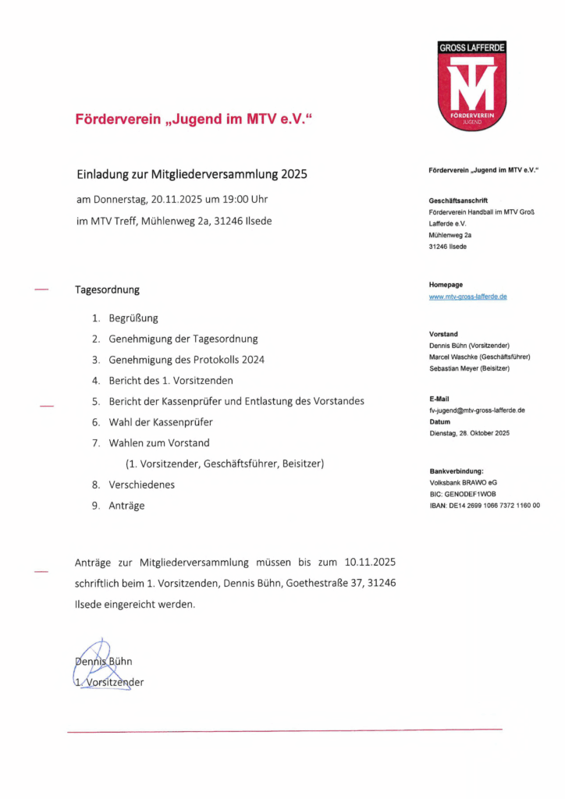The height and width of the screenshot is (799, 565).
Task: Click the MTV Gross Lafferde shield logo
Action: click(x=472, y=86)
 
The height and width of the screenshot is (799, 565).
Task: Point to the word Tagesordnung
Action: click(x=107, y=289)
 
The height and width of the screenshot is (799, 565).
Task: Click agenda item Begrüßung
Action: click(x=133, y=318)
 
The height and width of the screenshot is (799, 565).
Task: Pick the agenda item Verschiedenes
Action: click(x=142, y=485)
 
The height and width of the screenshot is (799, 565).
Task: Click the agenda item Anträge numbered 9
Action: click(x=127, y=506)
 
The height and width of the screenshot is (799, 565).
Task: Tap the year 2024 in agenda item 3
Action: click(x=251, y=360)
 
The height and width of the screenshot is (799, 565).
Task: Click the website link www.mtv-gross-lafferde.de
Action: click(x=468, y=297)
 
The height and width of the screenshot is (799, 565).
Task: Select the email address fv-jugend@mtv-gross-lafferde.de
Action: click(x=477, y=410)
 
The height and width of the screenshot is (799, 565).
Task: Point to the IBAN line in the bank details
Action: click(x=484, y=506)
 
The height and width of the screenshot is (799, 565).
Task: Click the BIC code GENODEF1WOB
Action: click(x=478, y=494)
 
